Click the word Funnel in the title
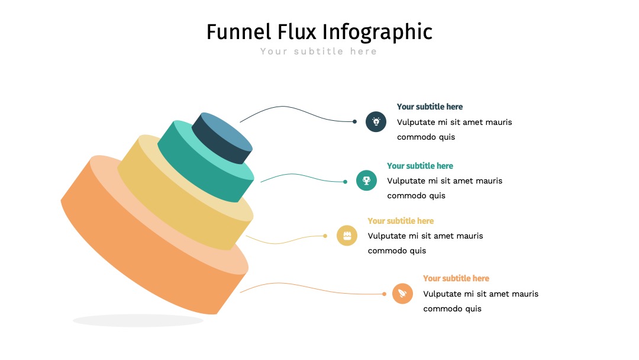tap(239, 32)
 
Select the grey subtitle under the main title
tap(319, 52)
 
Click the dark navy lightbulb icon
tap(376, 121)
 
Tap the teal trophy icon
tap(366, 180)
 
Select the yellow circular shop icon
tap(347, 236)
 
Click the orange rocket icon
tap(403, 294)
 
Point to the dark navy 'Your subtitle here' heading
tap(430, 107)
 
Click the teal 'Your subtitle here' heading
tap(420, 166)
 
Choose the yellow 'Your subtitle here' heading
tap(401, 221)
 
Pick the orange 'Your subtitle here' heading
tap(456, 278)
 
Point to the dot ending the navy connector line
tap(354, 121)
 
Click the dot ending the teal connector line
tap(345, 182)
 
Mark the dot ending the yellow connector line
tap(325, 236)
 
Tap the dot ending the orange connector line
tap(385, 294)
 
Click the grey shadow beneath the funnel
tap(138, 320)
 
